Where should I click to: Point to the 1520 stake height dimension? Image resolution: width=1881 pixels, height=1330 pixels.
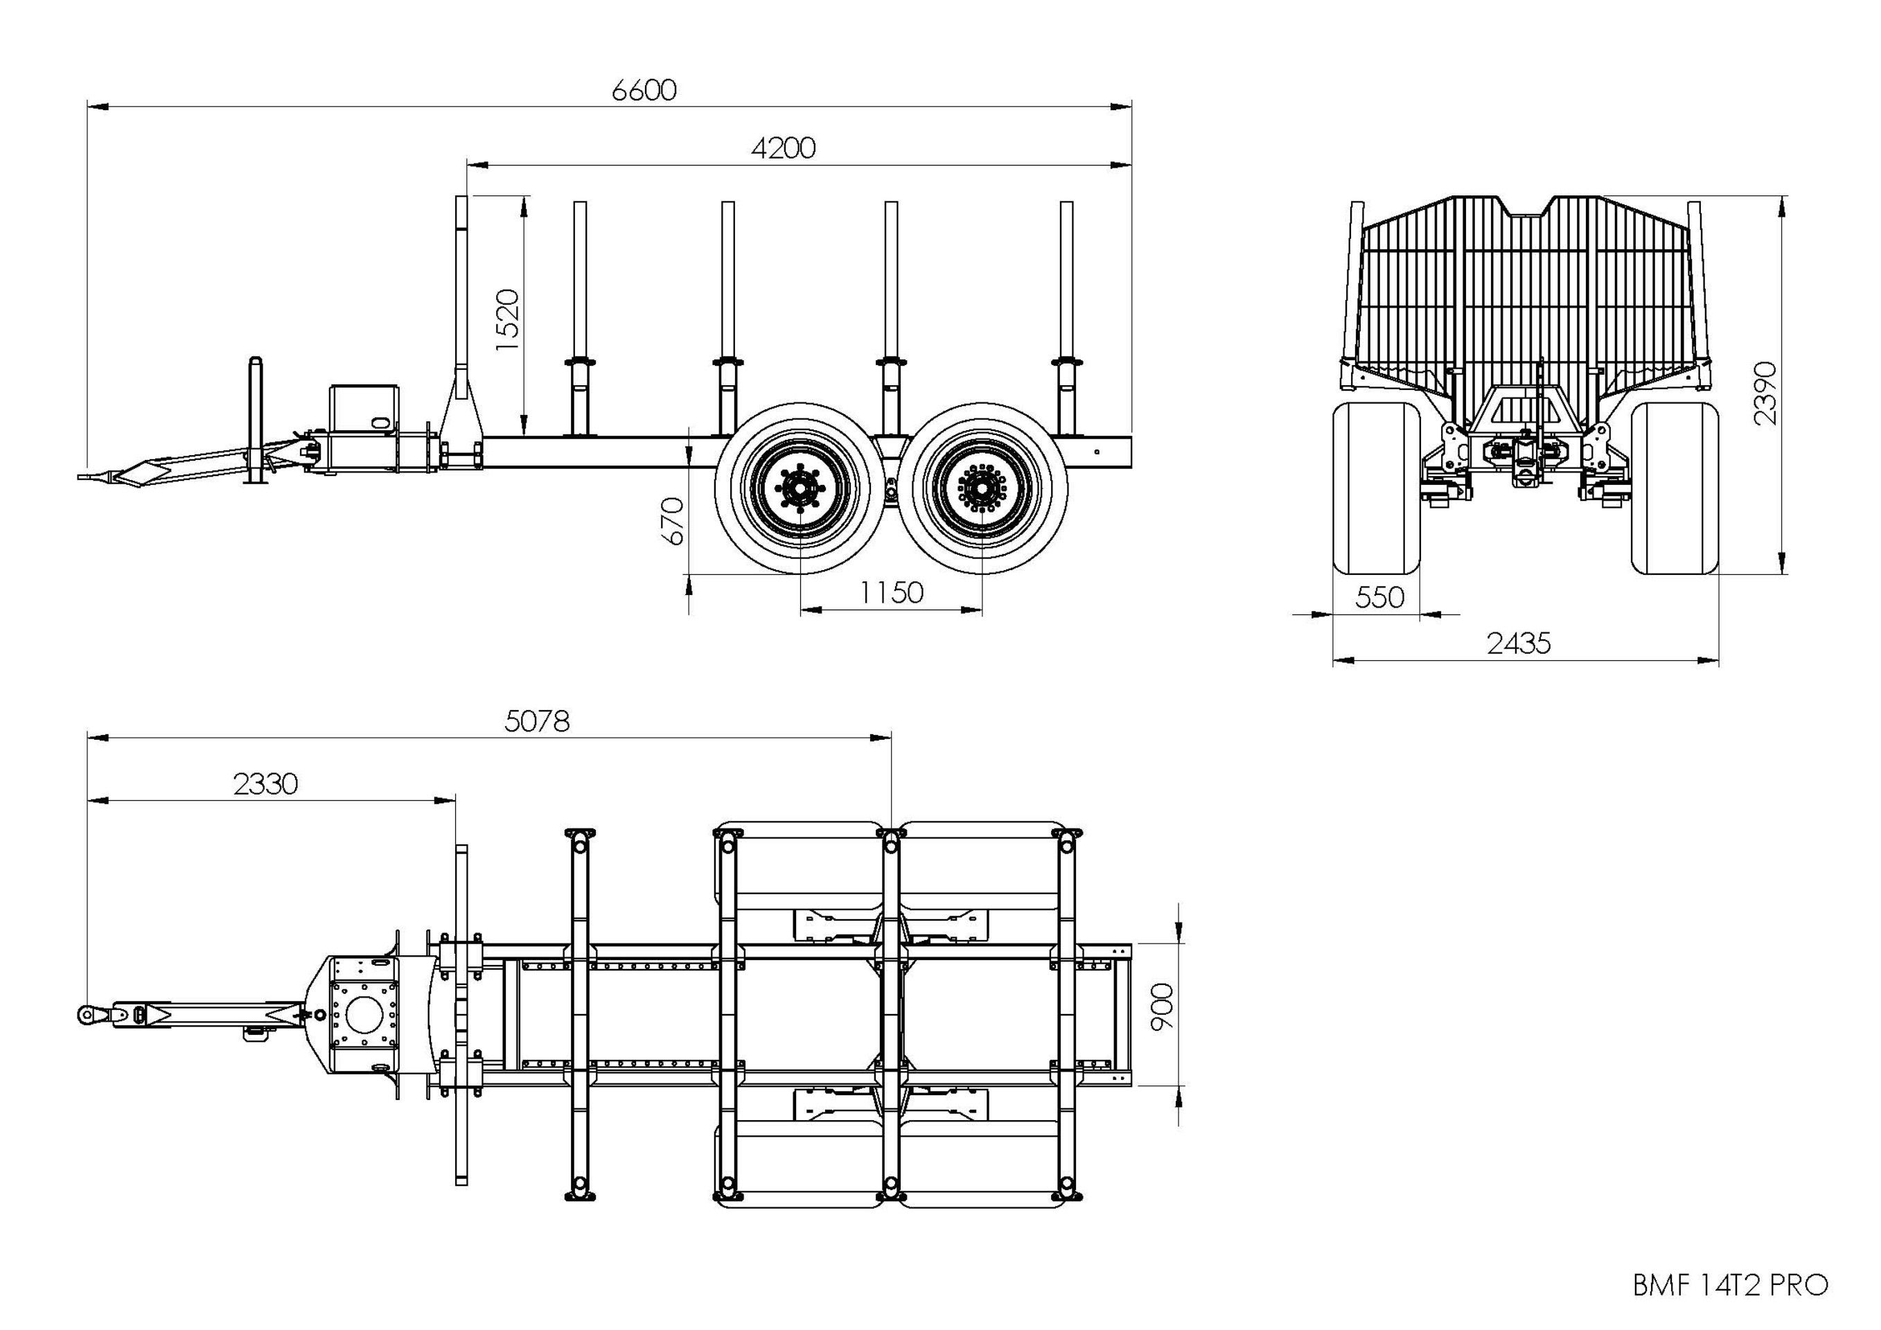pyautogui.click(x=508, y=319)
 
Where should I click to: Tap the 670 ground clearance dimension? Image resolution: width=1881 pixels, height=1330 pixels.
pyautogui.click(x=672, y=521)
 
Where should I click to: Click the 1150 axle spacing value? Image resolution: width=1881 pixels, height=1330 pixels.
pyautogui.click(x=892, y=592)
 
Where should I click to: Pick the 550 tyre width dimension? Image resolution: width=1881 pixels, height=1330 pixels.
pyautogui.click(x=1379, y=597)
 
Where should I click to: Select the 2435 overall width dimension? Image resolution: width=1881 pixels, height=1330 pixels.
pyautogui.click(x=1519, y=644)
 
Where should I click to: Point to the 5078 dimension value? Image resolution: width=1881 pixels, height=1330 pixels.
pyautogui.click(x=538, y=722)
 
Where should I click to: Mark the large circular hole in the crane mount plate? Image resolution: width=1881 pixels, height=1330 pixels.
pyautogui.click(x=364, y=1015)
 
